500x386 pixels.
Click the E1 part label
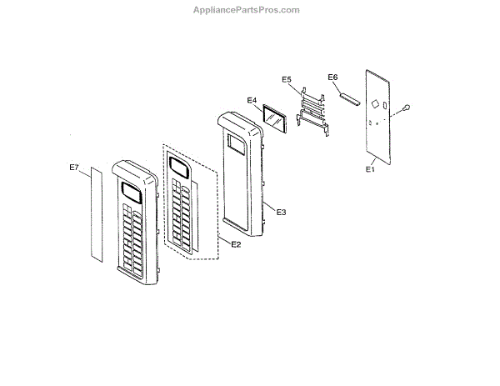coord(371,168)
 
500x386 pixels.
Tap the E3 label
coord(281,212)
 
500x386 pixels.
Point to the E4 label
coord(252,101)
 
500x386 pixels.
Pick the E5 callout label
coord(287,79)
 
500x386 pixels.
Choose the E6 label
coord(332,77)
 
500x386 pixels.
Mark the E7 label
coord(73,168)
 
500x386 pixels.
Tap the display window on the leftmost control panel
coord(130,193)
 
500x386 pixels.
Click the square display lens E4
coord(273,118)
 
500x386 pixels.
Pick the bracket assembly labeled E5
coord(313,108)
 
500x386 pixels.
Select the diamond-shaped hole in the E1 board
coord(375,104)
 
